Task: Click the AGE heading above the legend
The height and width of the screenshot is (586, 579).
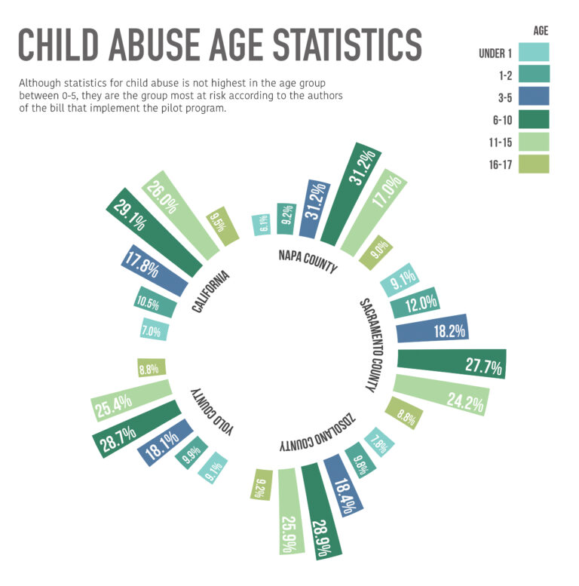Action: click(539, 31)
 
